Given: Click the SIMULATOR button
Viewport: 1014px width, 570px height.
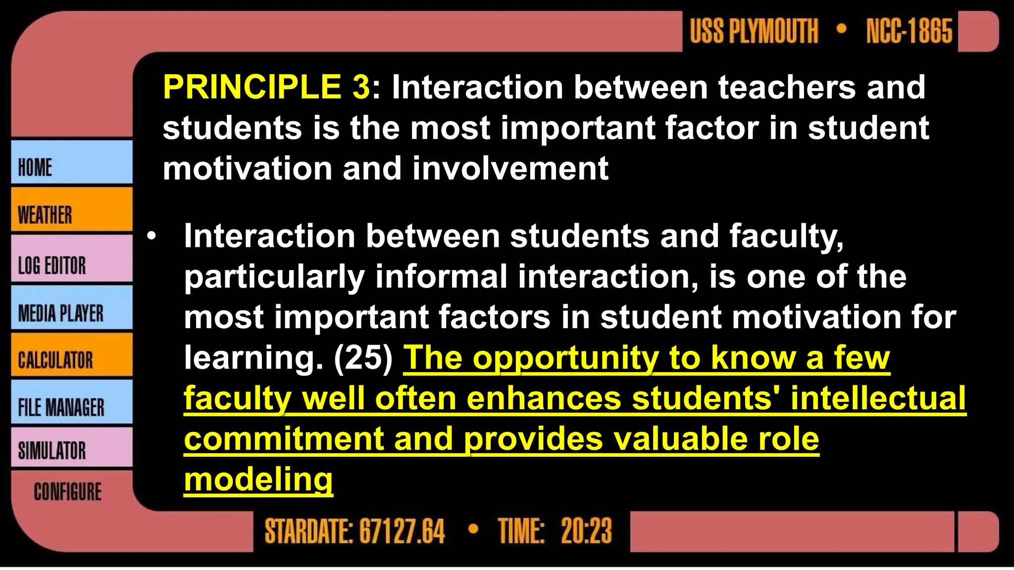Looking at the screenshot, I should (x=71, y=448).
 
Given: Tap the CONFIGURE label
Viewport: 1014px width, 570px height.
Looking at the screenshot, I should (x=68, y=492).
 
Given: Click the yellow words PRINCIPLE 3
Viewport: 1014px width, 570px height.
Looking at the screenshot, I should (x=266, y=87).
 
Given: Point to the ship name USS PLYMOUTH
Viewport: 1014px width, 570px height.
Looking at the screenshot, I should (x=754, y=31).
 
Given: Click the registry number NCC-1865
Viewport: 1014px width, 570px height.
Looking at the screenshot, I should (x=909, y=31).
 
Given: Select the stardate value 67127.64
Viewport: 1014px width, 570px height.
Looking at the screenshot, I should (x=402, y=531).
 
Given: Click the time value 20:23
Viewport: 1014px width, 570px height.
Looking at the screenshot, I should (x=586, y=531).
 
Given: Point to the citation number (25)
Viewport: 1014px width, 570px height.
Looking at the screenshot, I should (x=363, y=358).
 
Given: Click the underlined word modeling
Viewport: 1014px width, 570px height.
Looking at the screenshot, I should (x=258, y=479).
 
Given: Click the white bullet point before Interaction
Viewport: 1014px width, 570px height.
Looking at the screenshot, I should (x=151, y=236).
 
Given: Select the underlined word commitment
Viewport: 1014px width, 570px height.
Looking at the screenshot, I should (x=284, y=439).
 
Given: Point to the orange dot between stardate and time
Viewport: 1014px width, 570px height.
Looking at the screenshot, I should (x=473, y=529).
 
